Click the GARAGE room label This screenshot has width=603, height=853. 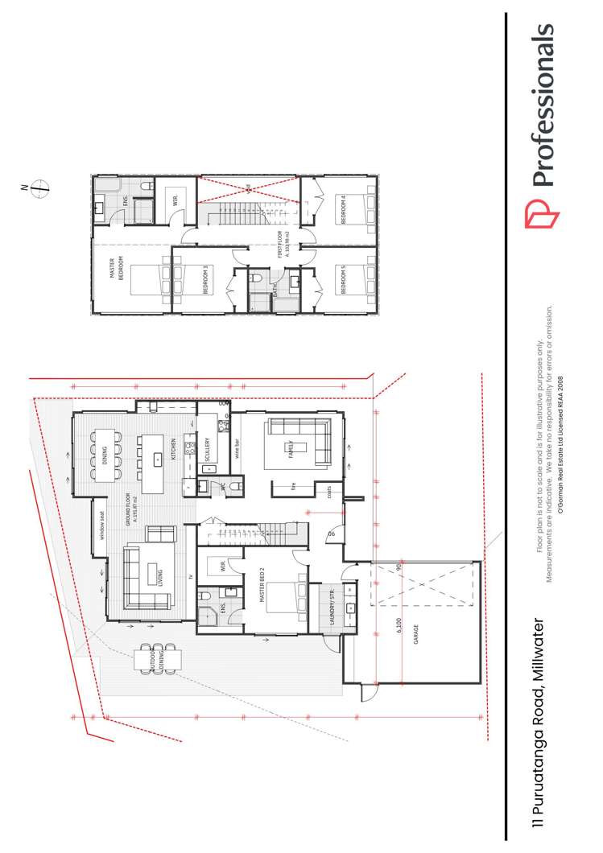[415, 636]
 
